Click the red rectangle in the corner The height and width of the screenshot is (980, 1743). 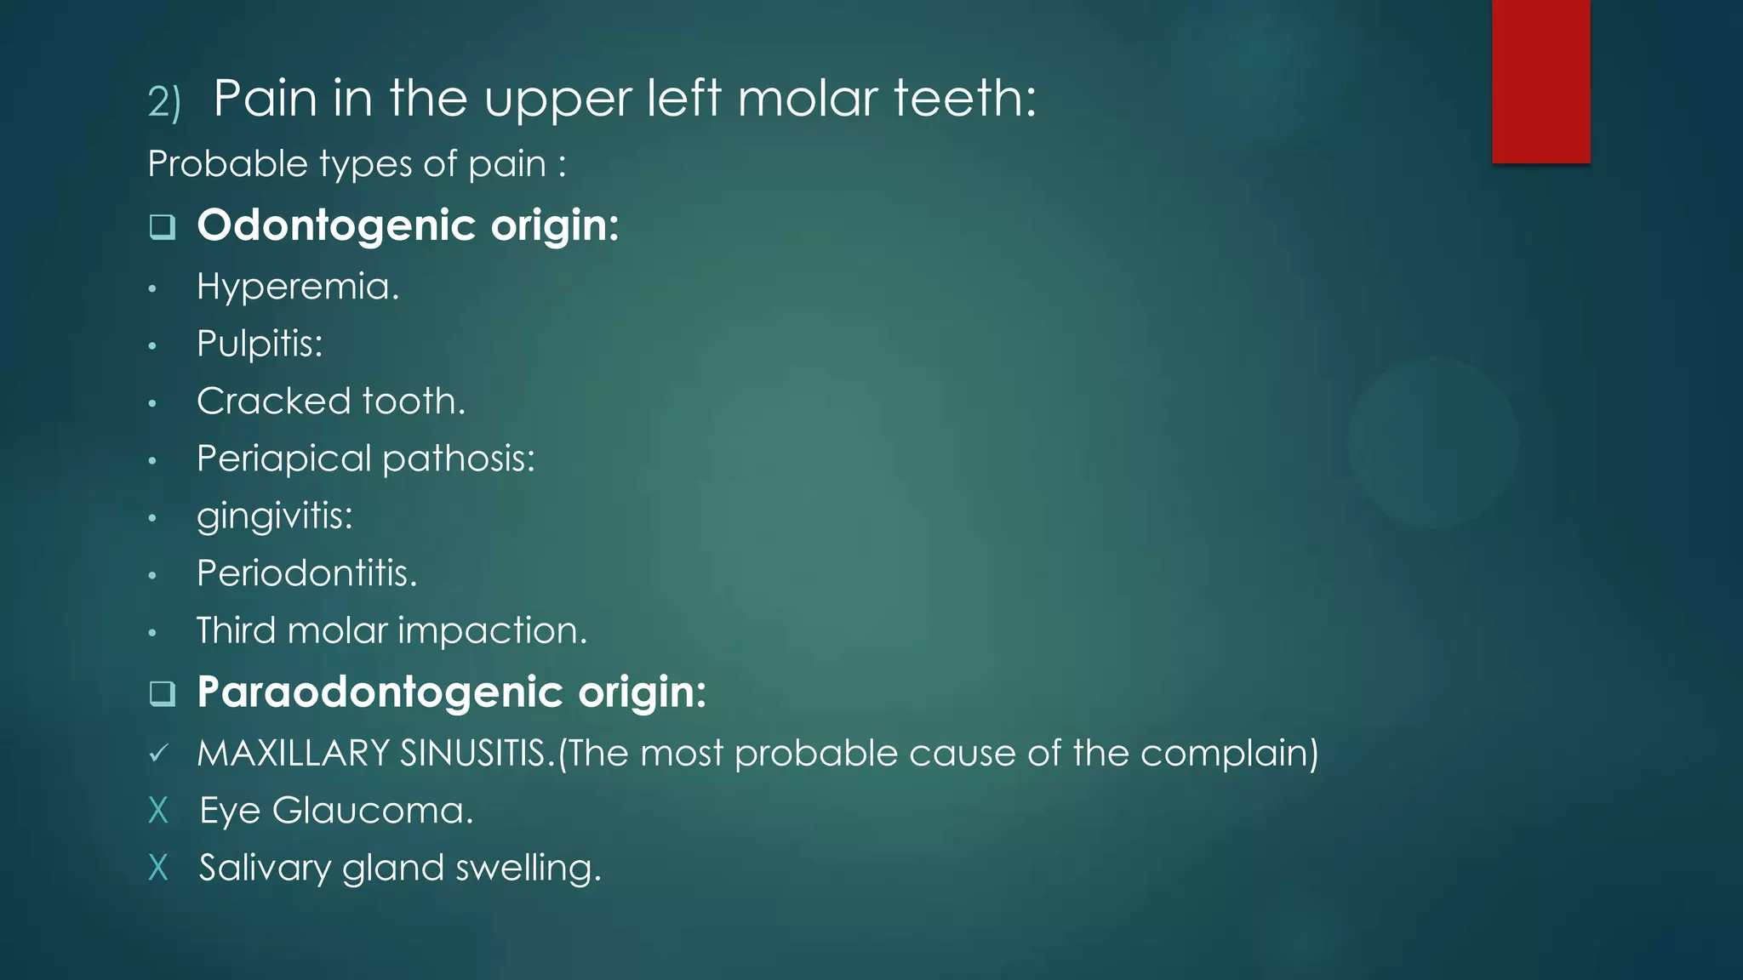(x=1540, y=81)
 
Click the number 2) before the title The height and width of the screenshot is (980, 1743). (x=163, y=102)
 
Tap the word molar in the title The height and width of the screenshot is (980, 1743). (x=807, y=98)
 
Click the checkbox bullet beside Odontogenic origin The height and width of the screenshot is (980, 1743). (x=162, y=226)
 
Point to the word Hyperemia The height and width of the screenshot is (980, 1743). (x=297, y=288)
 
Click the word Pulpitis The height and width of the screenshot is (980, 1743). (x=260, y=345)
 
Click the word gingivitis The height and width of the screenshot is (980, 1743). (x=274, y=516)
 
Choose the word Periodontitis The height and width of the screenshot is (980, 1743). (x=306, y=573)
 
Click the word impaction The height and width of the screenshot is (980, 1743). (x=492, y=631)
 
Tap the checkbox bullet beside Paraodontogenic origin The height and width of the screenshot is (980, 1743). (x=162, y=693)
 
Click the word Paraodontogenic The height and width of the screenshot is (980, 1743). (x=380, y=692)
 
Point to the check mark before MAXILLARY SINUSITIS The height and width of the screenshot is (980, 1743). (x=158, y=754)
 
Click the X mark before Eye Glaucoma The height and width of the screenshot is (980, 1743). (x=158, y=811)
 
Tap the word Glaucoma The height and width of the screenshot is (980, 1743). (x=372, y=811)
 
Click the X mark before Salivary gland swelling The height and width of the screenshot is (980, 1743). (x=158, y=868)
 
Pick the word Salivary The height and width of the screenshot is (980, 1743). (x=265, y=869)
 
